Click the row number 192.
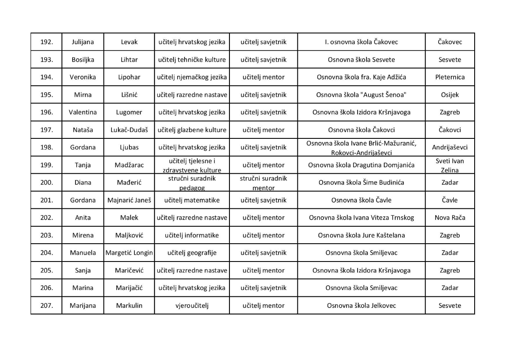click(46, 42)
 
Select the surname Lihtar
click(129, 60)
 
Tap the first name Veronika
click(83, 77)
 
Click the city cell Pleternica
click(450, 77)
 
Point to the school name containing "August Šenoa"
click(361, 95)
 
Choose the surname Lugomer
click(129, 112)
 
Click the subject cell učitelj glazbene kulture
click(192, 130)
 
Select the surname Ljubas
click(129, 147)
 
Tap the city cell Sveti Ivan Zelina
click(450, 165)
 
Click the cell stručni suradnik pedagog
click(192, 183)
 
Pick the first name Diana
click(83, 183)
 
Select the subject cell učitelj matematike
click(192, 200)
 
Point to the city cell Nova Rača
click(450, 218)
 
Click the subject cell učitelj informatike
click(192, 235)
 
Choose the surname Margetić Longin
click(129, 253)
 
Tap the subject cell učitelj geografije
click(192, 253)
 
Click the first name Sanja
click(83, 270)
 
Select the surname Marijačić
click(129, 288)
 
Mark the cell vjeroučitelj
click(192, 306)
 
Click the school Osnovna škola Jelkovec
click(361, 306)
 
